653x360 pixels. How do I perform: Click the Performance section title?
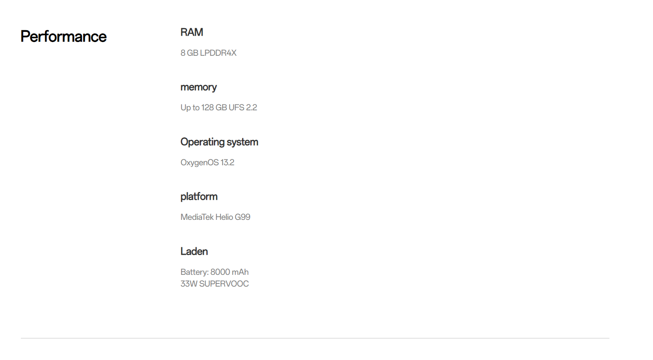64,37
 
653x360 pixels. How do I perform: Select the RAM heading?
192,32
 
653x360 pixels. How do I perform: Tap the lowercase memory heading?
198,87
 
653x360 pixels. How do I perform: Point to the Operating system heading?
219,142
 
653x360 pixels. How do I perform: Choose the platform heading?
199,196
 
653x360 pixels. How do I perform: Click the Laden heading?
194,251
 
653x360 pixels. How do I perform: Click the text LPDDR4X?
218,53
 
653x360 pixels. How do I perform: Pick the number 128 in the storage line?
207,108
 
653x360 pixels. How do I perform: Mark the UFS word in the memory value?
236,108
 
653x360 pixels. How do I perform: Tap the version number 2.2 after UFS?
252,108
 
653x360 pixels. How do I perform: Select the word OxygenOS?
199,163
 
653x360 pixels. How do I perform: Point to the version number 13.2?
227,163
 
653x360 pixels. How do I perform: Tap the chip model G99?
243,217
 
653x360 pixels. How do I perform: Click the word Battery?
194,272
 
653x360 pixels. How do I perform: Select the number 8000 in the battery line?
220,272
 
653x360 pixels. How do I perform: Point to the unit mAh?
240,272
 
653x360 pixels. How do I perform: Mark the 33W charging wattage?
189,284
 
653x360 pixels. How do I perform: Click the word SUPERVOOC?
224,284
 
